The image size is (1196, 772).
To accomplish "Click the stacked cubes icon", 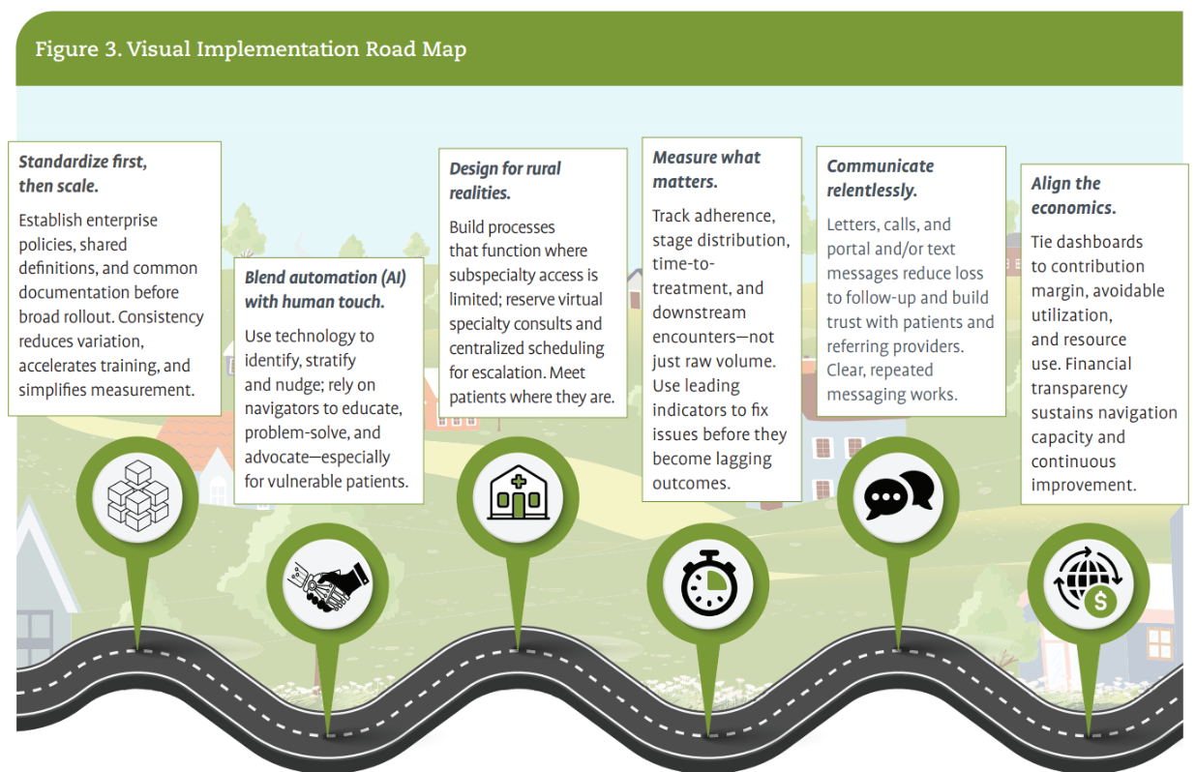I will pos(137,494).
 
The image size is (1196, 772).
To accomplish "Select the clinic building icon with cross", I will pos(518,494).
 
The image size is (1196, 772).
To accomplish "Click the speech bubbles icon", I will pos(898,494).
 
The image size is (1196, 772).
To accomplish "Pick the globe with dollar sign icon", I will pos(1088,583).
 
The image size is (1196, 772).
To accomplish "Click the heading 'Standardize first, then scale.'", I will pos(82,173).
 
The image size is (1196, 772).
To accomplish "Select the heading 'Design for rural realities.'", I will pos(504,180).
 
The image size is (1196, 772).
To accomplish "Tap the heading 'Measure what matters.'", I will pos(705,169).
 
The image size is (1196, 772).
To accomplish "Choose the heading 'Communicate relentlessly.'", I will pos(880,178).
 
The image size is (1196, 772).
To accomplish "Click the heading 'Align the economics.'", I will pos(1072,195).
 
